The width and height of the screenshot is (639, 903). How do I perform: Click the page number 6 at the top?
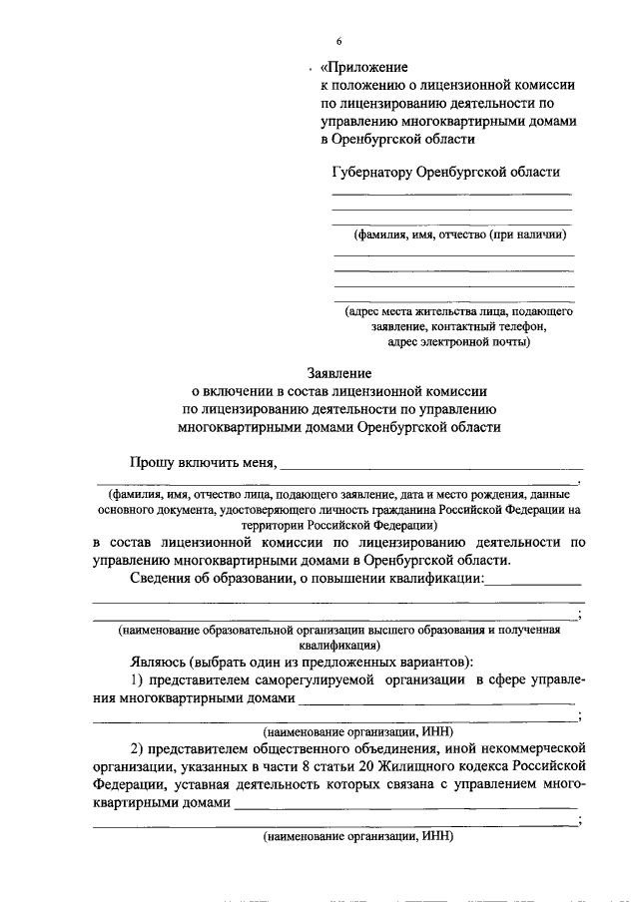click(339, 41)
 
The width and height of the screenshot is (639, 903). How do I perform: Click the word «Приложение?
click(363, 68)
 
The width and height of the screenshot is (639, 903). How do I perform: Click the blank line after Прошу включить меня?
click(434, 465)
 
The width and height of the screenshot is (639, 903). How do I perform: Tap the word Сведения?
click(163, 579)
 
